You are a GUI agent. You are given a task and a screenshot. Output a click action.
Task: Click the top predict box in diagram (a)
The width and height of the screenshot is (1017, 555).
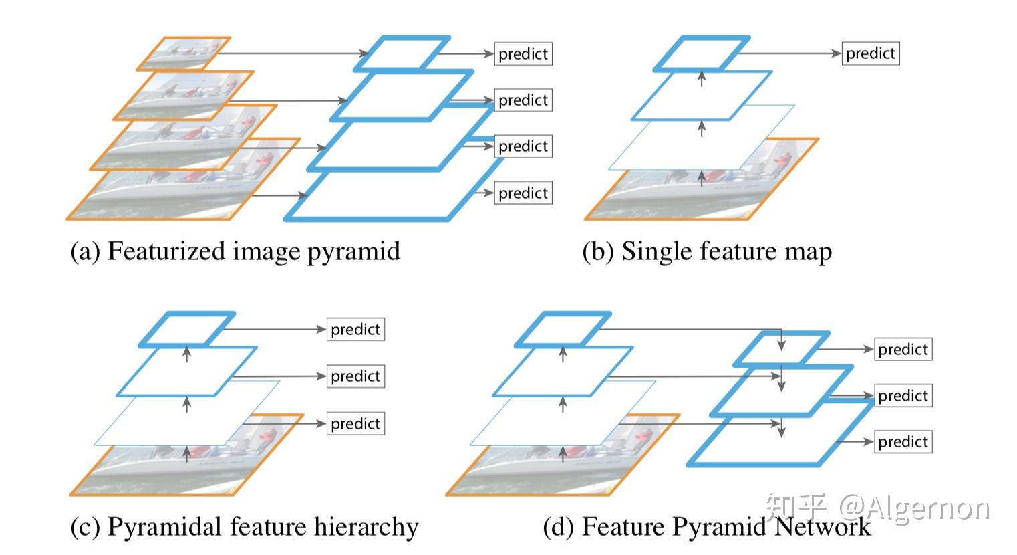pyautogui.click(x=523, y=54)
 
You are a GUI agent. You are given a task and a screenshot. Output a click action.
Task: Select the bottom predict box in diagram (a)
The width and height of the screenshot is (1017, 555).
pyautogui.click(x=523, y=193)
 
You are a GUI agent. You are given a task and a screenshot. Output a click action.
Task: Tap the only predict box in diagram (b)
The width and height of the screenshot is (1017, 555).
pyautogui.click(x=871, y=53)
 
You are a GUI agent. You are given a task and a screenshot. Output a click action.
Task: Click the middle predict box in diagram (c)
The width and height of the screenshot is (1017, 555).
pyautogui.click(x=355, y=376)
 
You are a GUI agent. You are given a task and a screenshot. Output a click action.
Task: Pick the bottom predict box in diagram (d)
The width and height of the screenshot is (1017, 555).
pyautogui.click(x=903, y=441)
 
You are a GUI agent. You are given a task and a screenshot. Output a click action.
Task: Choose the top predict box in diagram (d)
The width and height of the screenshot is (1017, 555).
pyautogui.click(x=903, y=349)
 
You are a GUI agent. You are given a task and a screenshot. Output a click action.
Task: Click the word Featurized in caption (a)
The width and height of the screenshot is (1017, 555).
pyautogui.click(x=166, y=251)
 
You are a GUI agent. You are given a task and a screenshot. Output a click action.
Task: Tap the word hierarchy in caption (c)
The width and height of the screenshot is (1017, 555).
pyautogui.click(x=366, y=528)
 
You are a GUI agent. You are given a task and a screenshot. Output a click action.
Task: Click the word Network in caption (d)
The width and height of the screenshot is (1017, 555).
pyautogui.click(x=823, y=527)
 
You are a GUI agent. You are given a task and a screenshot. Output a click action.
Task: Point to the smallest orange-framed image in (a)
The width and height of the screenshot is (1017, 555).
pyautogui.click(x=184, y=53)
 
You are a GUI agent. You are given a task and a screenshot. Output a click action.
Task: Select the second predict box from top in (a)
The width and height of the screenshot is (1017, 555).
pyautogui.click(x=523, y=100)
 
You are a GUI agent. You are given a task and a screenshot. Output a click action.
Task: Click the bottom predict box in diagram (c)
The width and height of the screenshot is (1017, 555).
pyautogui.click(x=355, y=423)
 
